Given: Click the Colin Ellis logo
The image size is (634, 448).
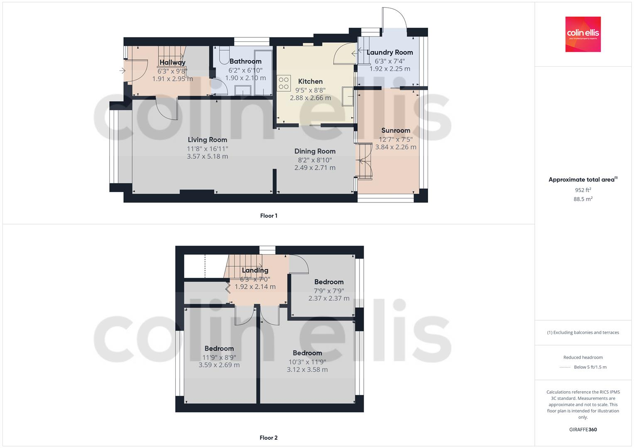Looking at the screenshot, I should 583,34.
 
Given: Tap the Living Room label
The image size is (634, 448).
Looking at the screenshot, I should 207,140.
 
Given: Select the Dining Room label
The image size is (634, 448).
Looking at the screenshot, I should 315,151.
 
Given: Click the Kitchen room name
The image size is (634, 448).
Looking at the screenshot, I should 310,81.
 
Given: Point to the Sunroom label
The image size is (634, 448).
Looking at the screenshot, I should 396,130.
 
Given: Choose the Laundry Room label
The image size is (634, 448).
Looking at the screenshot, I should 389,52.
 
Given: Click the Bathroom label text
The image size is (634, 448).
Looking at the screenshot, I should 245,61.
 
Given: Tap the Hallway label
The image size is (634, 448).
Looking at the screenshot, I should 172,63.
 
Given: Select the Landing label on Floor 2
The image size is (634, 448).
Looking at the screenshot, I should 255,270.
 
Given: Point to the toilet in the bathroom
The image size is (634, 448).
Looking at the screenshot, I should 222,55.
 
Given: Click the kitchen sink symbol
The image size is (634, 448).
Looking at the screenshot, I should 348,97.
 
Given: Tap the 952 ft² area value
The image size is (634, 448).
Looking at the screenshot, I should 583,190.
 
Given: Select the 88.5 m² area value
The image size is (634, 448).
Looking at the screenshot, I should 583,199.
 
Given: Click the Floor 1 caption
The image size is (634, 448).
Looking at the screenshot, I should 269,216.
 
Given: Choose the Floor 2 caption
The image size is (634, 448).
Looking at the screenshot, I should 269,438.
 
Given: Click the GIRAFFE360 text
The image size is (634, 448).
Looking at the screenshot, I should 583,429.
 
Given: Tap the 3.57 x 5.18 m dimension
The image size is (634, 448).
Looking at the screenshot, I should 207,156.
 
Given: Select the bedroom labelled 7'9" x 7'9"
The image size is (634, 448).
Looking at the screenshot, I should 329,282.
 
